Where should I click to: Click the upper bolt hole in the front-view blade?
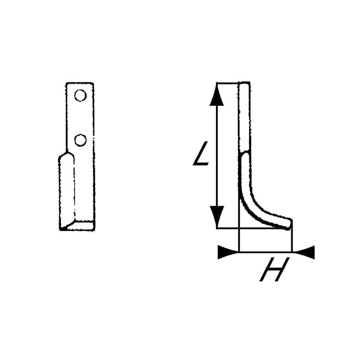81,95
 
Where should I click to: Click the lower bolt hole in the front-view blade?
81,140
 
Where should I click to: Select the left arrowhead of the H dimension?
228,252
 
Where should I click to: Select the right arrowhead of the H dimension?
305,252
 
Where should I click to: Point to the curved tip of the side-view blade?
288,224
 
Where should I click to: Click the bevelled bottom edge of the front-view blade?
77,226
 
